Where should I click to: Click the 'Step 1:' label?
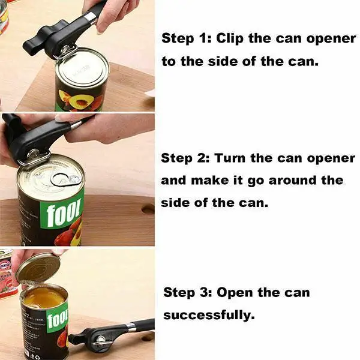tap(186, 39)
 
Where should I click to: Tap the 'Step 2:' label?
tap(185, 158)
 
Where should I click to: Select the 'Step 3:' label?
tap(187, 293)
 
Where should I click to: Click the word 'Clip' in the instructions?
tap(228, 39)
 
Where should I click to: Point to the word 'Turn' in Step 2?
tap(229, 158)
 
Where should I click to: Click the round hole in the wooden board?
tap(148, 209)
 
